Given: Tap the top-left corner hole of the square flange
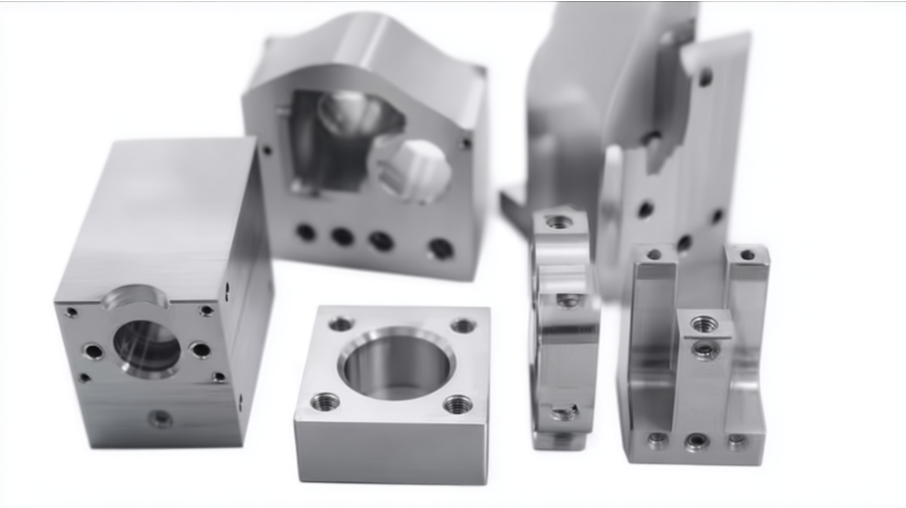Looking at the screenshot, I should pos(340,324).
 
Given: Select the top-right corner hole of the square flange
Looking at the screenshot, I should pos(462,326).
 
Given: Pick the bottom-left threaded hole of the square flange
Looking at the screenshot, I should pos(325,401).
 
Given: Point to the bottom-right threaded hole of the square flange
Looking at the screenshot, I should pos(458,403).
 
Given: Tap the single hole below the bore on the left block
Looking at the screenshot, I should pos(160,418).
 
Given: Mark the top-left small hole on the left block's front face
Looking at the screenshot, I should pos(72,312).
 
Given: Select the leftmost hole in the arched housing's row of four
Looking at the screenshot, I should pos(306,232).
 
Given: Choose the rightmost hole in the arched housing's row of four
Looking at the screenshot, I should pos(439,248).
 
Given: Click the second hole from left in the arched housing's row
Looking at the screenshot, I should pos(341,236).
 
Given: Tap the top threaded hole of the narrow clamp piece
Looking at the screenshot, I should pos(559,221).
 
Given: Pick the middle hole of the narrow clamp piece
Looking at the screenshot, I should pos(568,300).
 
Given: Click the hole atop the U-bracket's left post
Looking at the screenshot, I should pos(654,254).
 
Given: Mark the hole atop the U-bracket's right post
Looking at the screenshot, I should pos(748,255).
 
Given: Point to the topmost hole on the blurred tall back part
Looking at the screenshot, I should pos(704,76).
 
